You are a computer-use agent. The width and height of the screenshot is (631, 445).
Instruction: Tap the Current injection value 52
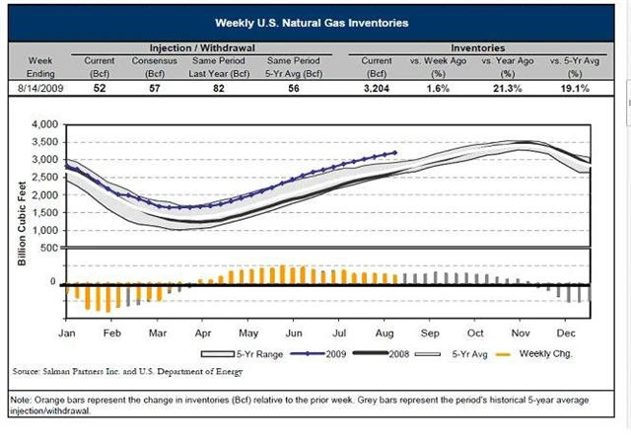tap(101, 87)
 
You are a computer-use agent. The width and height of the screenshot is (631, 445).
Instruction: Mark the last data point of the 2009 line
tap(394, 152)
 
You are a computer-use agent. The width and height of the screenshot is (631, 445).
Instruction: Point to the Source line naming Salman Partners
tap(125, 372)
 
